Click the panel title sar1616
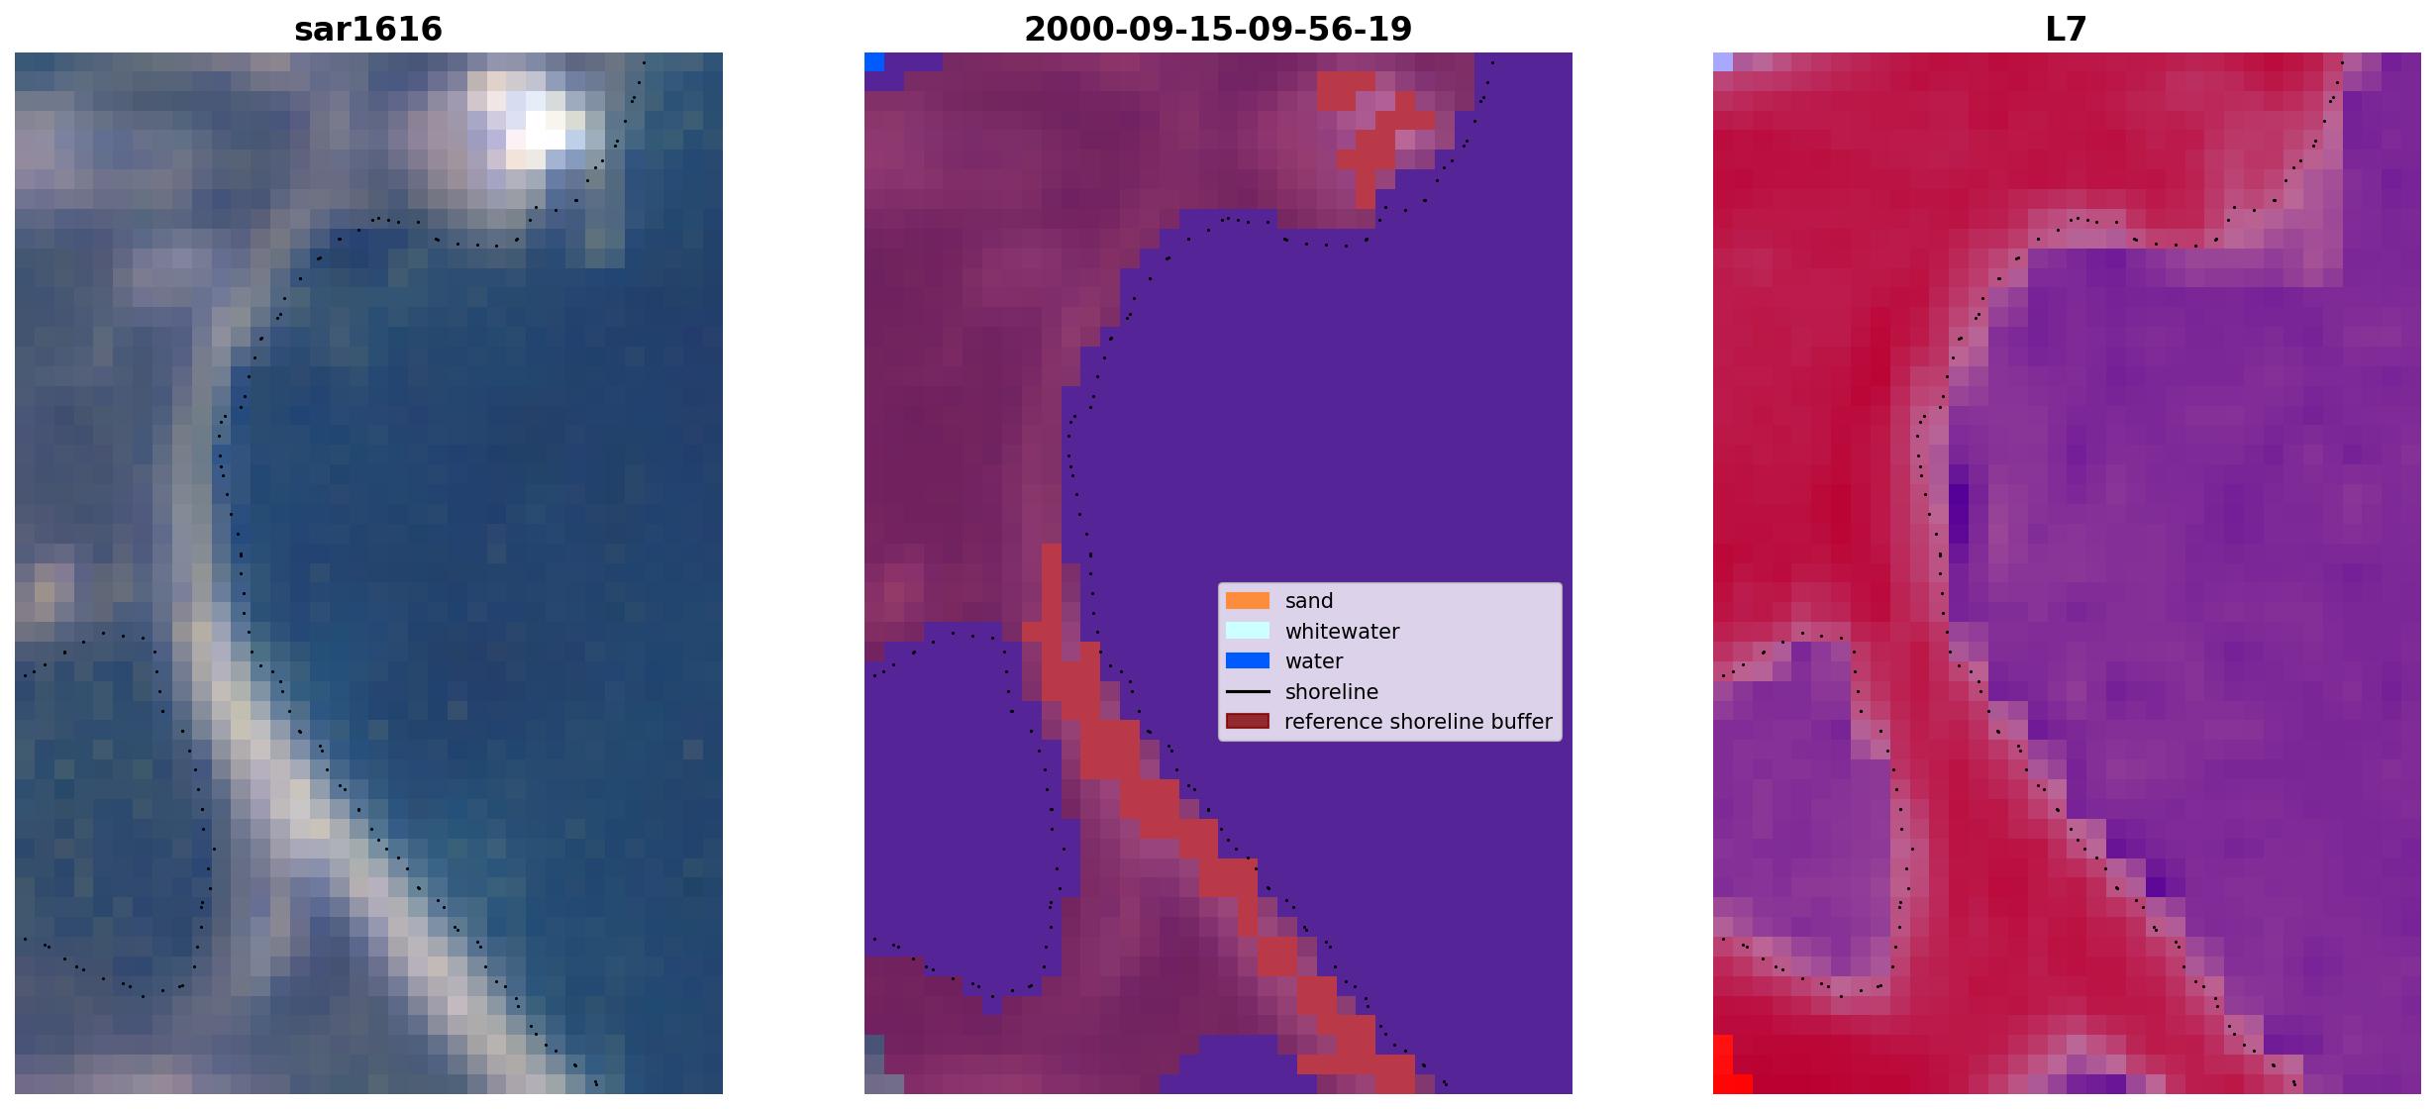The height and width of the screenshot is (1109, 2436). (x=368, y=29)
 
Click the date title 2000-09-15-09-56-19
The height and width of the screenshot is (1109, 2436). (x=1218, y=29)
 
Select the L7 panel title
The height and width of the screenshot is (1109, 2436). (x=2067, y=29)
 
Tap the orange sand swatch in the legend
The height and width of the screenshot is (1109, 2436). (x=1248, y=601)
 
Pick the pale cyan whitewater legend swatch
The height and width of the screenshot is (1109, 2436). (x=1248, y=631)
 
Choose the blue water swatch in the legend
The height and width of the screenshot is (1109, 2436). (x=1248, y=660)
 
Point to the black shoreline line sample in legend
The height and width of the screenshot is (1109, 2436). (x=1248, y=691)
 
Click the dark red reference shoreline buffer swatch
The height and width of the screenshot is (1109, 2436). (x=1248, y=721)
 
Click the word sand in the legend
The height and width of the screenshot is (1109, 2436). (x=1309, y=601)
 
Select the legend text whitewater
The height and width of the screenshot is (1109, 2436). (x=1342, y=632)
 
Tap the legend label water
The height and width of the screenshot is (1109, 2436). (x=1314, y=661)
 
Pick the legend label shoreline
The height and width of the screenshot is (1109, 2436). (x=1332, y=692)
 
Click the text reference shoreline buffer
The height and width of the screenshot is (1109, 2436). (x=1418, y=722)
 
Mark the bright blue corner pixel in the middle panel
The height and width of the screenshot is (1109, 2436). (x=874, y=62)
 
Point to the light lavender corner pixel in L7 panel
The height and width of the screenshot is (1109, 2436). (x=1723, y=62)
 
